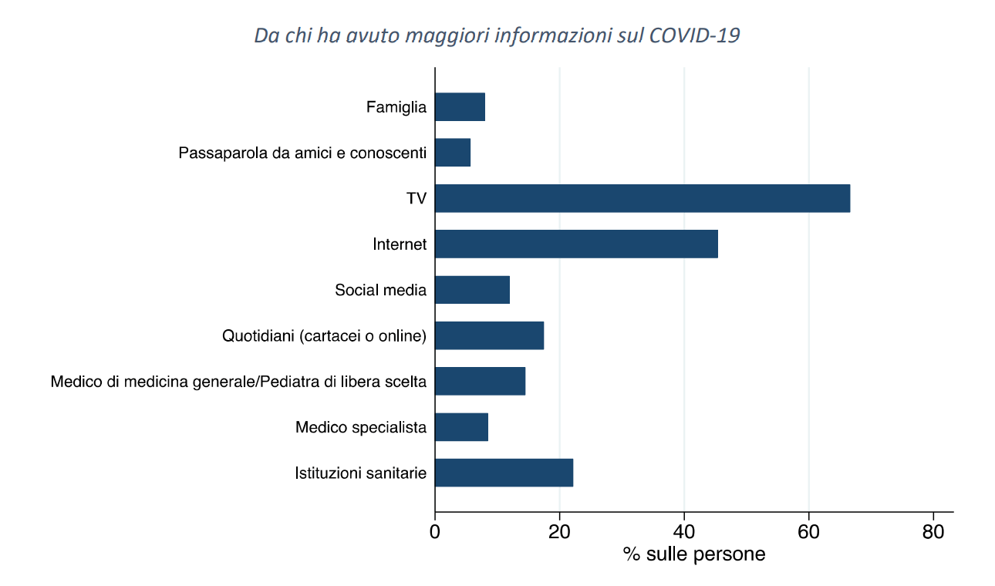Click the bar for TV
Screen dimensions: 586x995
(x=642, y=198)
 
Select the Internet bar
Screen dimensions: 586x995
(x=576, y=244)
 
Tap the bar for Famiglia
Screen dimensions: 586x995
(x=460, y=106)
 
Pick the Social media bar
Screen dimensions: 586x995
(x=472, y=290)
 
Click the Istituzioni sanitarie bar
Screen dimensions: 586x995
(x=504, y=473)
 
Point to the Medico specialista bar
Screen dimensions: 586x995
(x=461, y=427)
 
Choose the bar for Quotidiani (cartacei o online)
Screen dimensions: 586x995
(x=489, y=335)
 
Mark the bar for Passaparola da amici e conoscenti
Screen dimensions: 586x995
(x=453, y=153)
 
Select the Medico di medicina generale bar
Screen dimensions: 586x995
(x=480, y=381)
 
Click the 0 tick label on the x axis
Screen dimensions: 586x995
(x=435, y=532)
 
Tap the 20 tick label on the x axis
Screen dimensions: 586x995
(x=560, y=532)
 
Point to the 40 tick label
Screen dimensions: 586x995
(x=684, y=532)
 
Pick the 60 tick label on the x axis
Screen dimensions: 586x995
(x=809, y=532)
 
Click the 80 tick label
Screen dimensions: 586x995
(x=933, y=532)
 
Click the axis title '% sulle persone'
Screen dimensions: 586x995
(x=694, y=554)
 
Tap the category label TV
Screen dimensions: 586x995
(x=417, y=199)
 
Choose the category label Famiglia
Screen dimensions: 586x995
(x=396, y=107)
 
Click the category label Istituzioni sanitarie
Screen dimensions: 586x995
(x=360, y=473)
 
